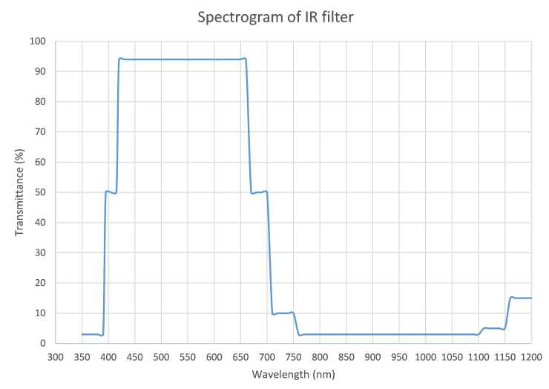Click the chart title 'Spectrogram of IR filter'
click(274, 16)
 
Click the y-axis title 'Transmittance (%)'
click(19, 192)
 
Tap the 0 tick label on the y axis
click(45, 343)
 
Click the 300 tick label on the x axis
click(56, 356)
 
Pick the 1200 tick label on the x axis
click(531, 356)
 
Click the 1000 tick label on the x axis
click(425, 356)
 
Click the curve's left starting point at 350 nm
click(82, 334)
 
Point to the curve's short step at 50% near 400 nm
click(111, 192)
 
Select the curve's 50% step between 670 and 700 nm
click(260, 192)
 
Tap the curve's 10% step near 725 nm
click(281, 313)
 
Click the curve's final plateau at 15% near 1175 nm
click(521, 298)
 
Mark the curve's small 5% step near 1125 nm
click(492, 328)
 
